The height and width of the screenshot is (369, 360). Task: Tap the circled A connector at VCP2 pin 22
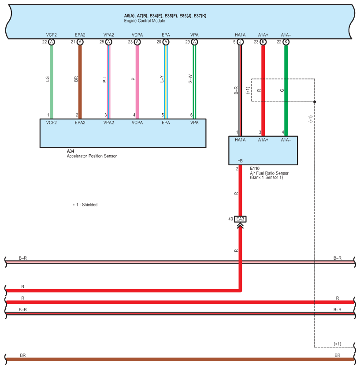(x=51, y=42)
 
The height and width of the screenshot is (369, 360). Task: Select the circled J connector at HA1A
(x=240, y=42)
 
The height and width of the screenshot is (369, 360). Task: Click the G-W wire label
(x=190, y=79)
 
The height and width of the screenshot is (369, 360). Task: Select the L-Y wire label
(x=161, y=79)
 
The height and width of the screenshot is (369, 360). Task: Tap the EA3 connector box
(x=240, y=219)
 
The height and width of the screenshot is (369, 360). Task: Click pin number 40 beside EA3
(x=230, y=219)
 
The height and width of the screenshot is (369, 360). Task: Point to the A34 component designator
(x=71, y=151)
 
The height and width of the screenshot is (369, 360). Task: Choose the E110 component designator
(x=255, y=168)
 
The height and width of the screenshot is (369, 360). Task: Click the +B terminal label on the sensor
(x=240, y=160)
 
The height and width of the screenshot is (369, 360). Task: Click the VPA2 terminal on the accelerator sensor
(x=108, y=122)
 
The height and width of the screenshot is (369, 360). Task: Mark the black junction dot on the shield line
(x=315, y=101)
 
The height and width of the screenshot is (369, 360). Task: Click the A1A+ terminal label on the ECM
(x=263, y=34)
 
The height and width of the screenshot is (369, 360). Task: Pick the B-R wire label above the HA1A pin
(x=236, y=90)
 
